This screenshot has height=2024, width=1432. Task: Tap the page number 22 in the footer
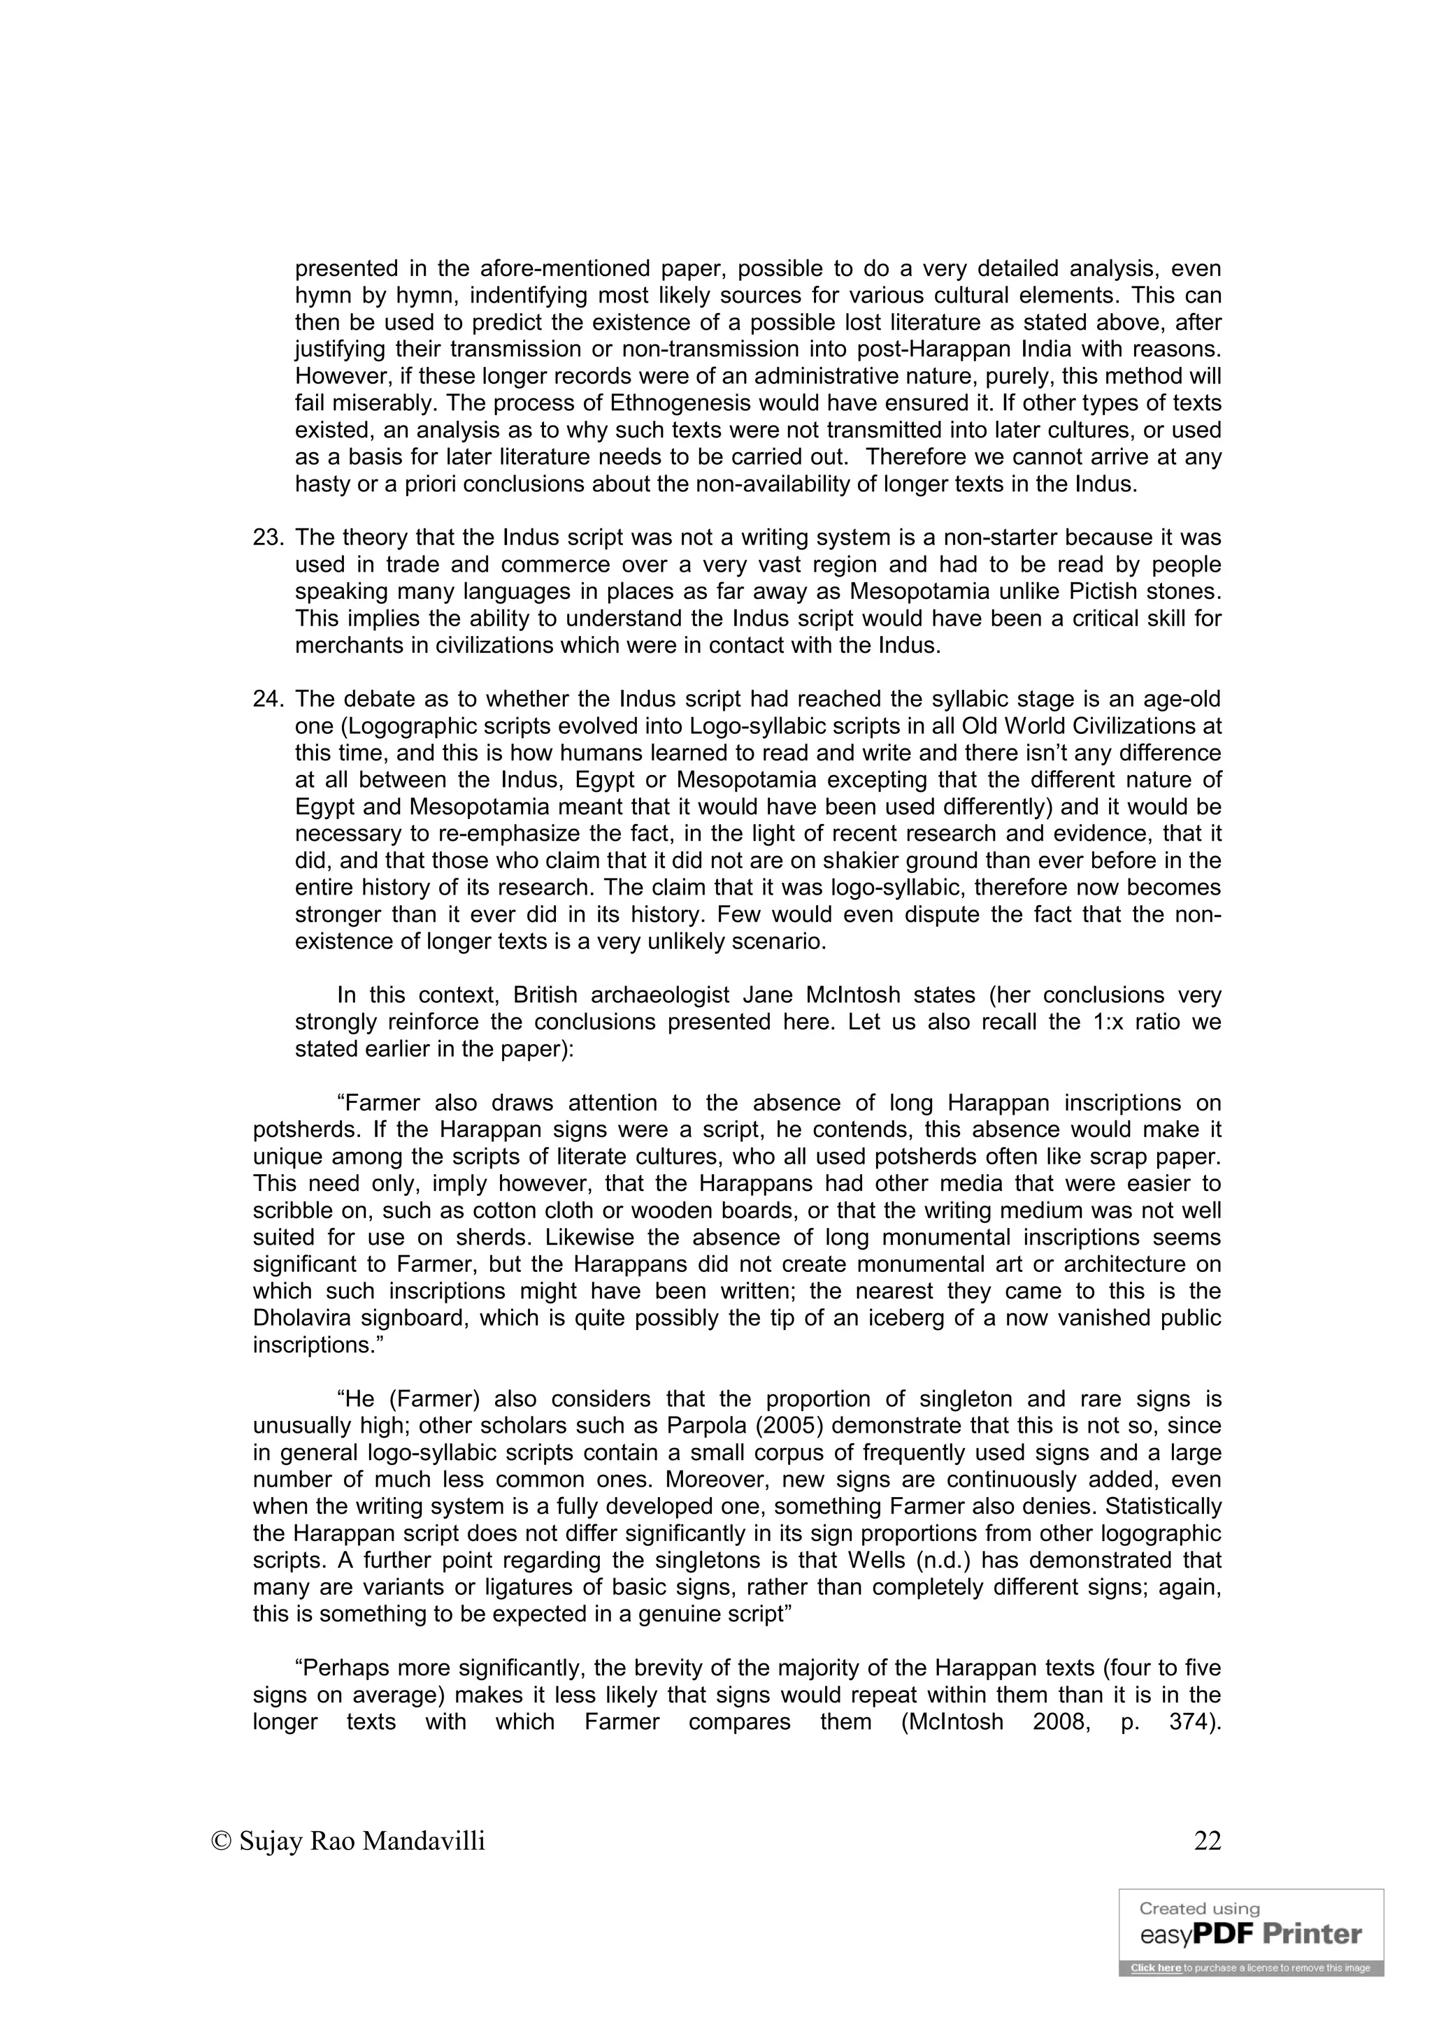tap(1207, 1841)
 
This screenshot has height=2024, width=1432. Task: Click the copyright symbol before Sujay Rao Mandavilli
tap(222, 1842)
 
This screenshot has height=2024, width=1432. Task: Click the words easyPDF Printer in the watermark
tap(1250, 1935)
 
